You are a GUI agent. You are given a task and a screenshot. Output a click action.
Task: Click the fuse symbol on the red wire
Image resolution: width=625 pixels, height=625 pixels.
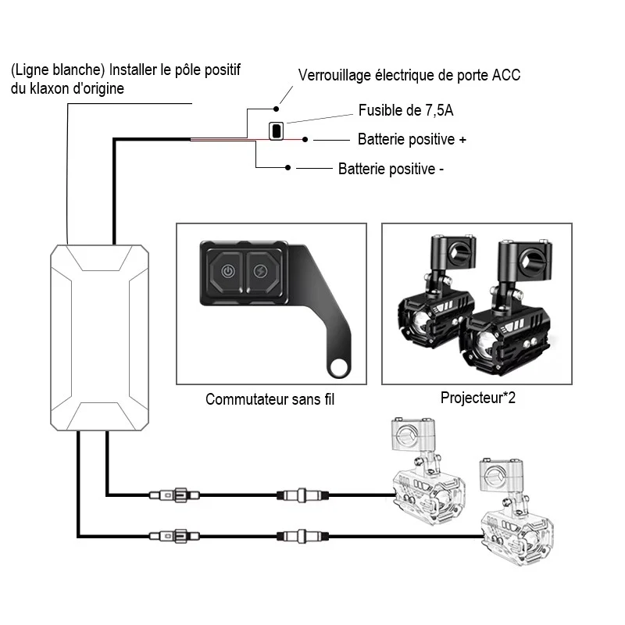277,130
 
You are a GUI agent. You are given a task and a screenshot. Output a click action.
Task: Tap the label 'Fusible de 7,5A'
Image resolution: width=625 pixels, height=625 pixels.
405,110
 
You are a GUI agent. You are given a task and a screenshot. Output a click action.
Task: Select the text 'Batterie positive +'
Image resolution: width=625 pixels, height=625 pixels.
412,140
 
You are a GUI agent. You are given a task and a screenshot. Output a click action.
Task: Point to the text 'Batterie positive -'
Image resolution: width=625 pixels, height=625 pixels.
391,169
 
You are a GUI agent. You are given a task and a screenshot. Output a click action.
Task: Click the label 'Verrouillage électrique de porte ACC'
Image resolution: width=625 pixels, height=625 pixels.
409,75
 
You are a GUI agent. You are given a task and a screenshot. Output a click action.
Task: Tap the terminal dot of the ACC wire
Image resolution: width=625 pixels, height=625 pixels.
277,109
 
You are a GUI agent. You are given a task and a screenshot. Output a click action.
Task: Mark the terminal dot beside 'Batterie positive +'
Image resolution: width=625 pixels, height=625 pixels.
305,140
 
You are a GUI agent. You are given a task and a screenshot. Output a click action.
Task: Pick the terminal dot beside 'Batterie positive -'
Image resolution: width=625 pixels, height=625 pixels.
287,168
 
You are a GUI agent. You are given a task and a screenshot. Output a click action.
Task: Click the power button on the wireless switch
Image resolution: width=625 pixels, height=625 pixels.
227,272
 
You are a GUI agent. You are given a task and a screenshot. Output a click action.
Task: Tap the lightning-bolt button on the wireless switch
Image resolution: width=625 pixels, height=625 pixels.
261,272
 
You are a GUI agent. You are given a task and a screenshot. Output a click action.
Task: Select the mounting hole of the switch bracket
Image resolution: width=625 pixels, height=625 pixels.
339,367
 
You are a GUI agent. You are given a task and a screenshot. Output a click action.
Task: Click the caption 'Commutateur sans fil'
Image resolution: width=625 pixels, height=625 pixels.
270,399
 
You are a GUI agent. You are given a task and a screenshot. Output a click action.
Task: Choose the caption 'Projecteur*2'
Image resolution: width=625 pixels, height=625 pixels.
478,398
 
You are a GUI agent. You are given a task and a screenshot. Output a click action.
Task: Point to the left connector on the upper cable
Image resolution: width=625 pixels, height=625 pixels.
174,495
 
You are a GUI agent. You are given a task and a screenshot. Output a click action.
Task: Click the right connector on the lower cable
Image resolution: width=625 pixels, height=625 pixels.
302,536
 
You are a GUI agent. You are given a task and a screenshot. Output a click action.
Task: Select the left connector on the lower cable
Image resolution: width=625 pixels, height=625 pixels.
174,536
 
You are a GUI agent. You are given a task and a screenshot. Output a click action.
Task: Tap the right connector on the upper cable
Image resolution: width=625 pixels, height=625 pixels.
302,495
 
